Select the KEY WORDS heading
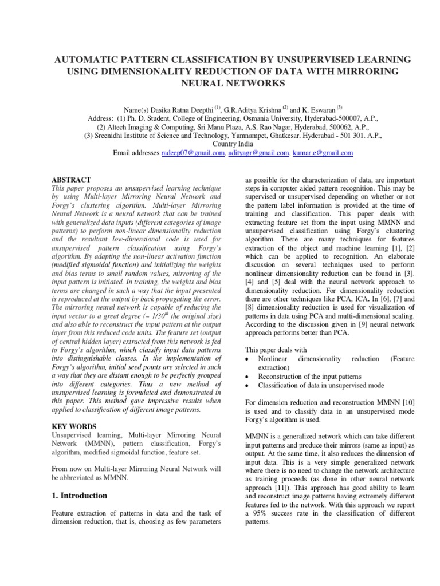(x=72, y=427)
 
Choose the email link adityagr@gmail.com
(x=258, y=153)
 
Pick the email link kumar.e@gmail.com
(x=323, y=153)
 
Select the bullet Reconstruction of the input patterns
(x=309, y=376)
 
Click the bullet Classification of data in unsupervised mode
(x=321, y=385)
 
